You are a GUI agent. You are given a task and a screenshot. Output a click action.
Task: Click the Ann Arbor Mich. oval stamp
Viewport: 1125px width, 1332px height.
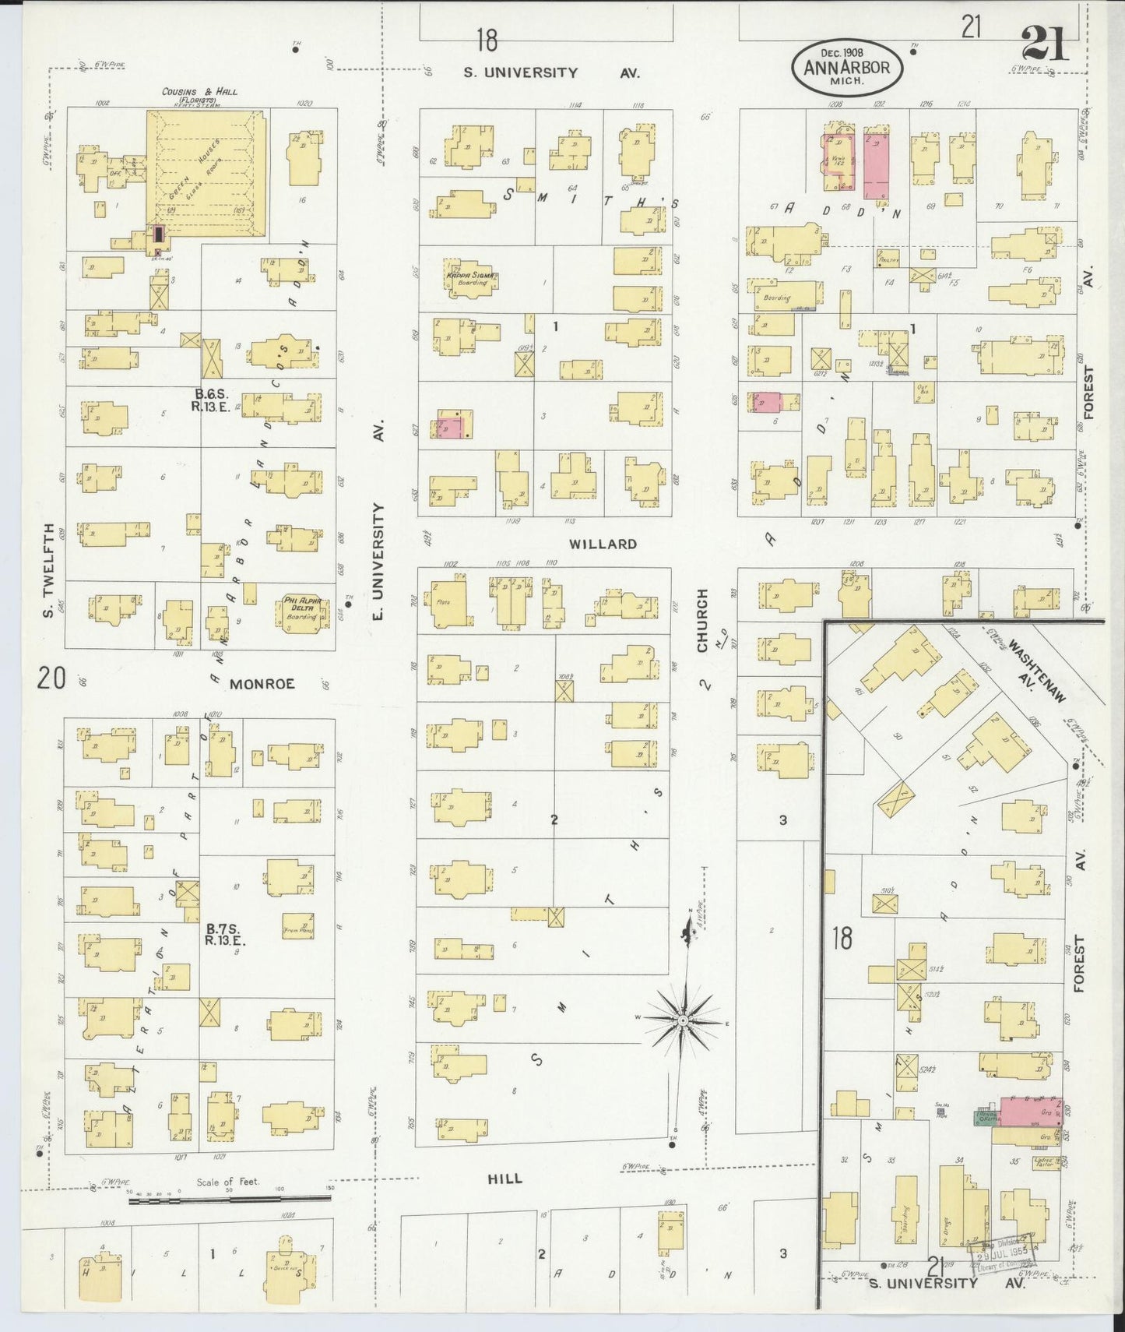(x=847, y=69)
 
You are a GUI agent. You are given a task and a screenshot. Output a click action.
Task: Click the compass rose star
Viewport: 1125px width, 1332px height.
(x=683, y=1020)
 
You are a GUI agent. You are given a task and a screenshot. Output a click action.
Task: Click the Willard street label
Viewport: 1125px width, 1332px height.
(x=603, y=544)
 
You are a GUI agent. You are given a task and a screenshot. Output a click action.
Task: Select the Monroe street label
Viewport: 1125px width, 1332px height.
(x=262, y=684)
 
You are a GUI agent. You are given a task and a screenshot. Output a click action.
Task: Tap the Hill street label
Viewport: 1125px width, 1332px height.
(x=504, y=1179)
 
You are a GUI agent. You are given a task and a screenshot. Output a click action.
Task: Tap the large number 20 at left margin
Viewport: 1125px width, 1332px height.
(x=51, y=678)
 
